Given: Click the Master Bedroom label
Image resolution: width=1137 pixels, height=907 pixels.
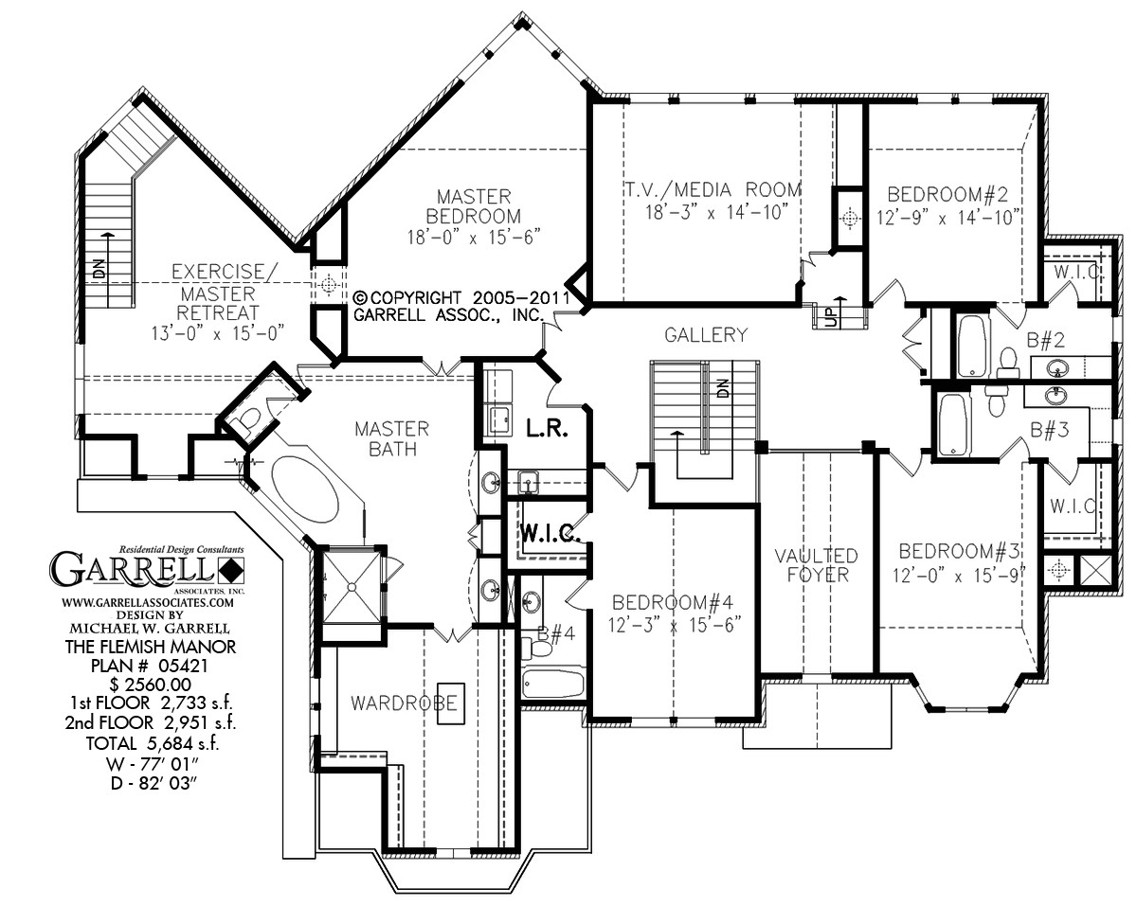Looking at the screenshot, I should click(474, 206).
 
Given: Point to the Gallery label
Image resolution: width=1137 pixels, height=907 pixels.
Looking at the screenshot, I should click(705, 334).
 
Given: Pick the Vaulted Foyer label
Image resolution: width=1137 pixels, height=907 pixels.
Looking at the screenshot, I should click(816, 564).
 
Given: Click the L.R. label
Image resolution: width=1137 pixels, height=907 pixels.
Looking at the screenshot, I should click(547, 429).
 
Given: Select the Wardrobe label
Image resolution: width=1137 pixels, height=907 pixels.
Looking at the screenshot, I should click(391, 703).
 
